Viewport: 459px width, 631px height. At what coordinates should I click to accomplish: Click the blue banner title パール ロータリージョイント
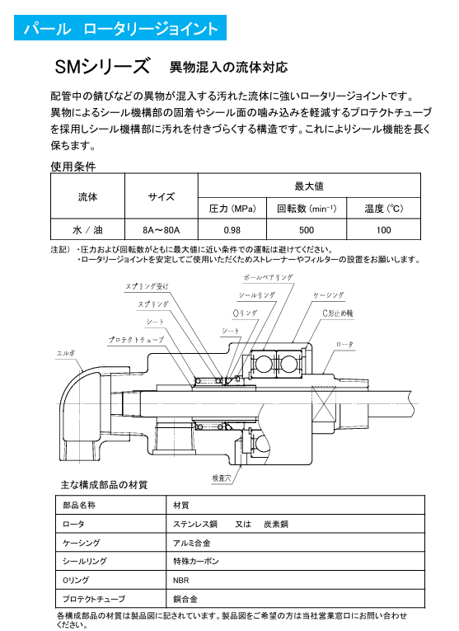pos(120,28)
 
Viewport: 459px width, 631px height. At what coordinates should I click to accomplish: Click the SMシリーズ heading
pos(102,67)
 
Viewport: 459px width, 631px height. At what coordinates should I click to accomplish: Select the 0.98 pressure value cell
pos(232,230)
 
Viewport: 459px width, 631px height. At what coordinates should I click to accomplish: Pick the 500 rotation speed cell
pos(307,230)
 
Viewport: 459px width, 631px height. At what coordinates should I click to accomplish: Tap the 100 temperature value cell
pos(383,230)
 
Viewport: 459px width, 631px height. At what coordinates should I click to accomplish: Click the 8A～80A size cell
pos(162,230)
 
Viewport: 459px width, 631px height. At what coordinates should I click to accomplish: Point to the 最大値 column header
pos(309,186)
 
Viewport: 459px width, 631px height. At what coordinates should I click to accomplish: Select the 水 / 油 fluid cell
pos(87,230)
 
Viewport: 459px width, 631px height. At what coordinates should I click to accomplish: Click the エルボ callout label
pos(66,353)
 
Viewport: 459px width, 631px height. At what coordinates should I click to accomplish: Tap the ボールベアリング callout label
pos(268,277)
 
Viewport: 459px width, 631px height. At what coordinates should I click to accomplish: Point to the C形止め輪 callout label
pos(338,313)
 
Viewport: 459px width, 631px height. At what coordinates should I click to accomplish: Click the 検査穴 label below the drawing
pos(222,478)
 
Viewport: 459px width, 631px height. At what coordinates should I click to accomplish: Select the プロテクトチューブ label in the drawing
pos(136,340)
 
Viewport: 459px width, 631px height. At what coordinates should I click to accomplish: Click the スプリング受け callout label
pos(147,286)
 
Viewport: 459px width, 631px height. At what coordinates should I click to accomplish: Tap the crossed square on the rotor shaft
pos(324,404)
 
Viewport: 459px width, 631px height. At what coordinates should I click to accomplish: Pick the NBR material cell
pos(295,580)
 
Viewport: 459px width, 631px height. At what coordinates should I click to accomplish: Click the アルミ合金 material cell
pos(295,543)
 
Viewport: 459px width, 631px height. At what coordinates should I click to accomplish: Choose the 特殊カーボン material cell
pos(295,561)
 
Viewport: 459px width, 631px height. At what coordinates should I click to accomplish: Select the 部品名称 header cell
pos(111,505)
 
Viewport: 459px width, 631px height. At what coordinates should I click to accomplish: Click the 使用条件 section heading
pos(73,166)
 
